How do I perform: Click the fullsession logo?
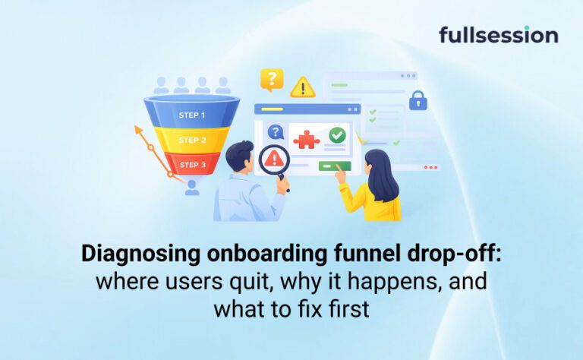coord(498,35)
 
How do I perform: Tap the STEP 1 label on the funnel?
coord(192,115)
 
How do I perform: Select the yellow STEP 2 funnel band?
coord(192,140)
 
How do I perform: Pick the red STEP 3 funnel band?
coord(192,164)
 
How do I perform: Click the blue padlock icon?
coord(418,100)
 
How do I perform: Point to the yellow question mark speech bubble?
coord(272,80)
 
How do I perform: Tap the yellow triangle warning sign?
coord(303,87)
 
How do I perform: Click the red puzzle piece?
coord(306,140)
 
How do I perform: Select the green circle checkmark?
coord(337,135)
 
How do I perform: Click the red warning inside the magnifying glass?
coord(274,159)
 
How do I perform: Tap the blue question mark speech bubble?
coord(275,131)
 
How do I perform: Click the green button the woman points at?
coord(335,166)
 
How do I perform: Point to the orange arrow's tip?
coord(136,127)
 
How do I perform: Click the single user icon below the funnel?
coord(192,188)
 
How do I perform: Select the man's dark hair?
coord(239,154)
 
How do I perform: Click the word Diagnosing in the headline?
coord(141,254)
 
